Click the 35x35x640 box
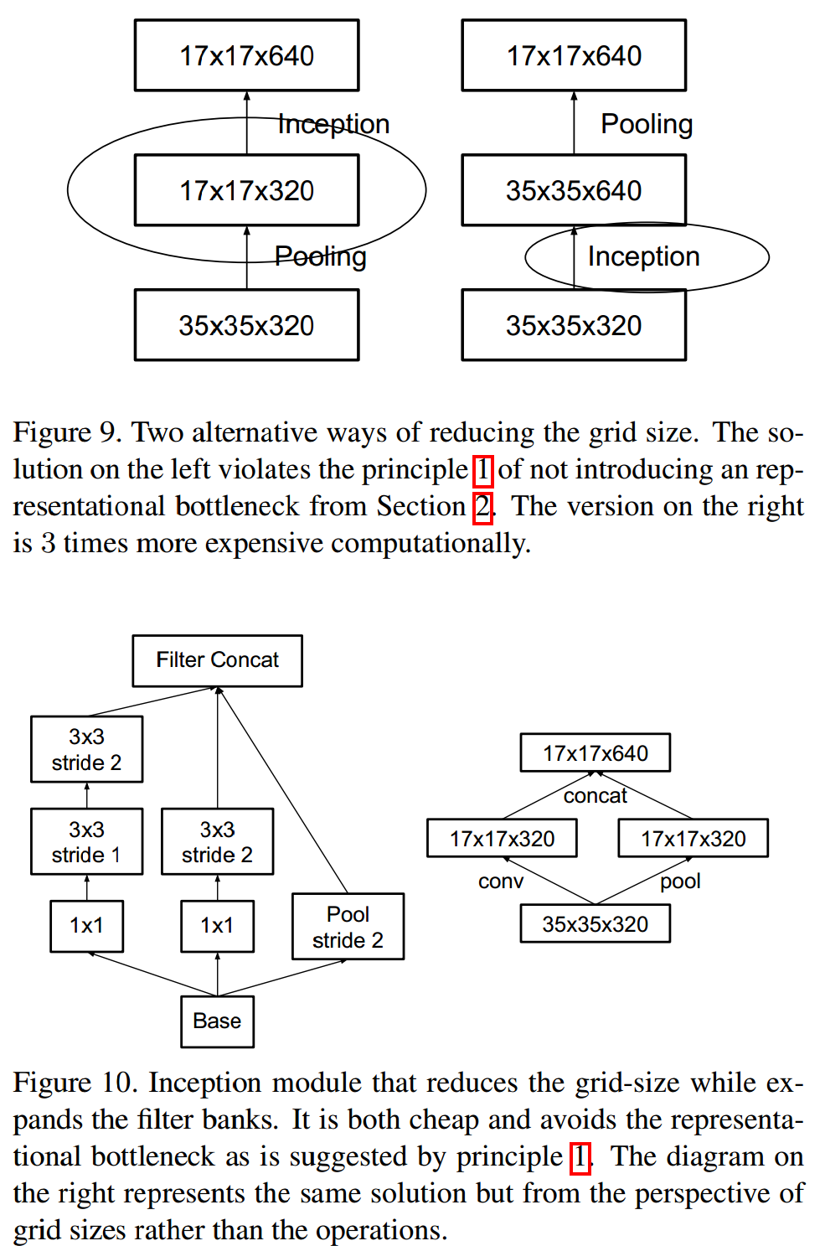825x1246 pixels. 574,190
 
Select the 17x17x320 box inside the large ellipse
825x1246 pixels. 246,190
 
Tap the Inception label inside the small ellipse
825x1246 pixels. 643,256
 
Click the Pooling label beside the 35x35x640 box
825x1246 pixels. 647,124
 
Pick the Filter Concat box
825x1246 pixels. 217,660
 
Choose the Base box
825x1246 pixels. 217,1021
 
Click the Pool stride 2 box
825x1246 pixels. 348,926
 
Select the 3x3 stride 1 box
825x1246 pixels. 86,841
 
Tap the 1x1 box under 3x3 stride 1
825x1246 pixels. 86,925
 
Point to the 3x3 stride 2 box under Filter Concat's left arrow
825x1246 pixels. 86,749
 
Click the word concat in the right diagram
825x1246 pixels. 595,795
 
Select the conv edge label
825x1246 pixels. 501,881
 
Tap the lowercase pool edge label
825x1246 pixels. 680,881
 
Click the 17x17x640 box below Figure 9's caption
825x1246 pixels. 595,752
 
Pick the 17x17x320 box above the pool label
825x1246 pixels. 693,838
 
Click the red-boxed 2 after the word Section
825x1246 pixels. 482,507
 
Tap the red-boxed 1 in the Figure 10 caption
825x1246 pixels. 580,1157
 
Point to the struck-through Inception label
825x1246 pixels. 333,124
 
